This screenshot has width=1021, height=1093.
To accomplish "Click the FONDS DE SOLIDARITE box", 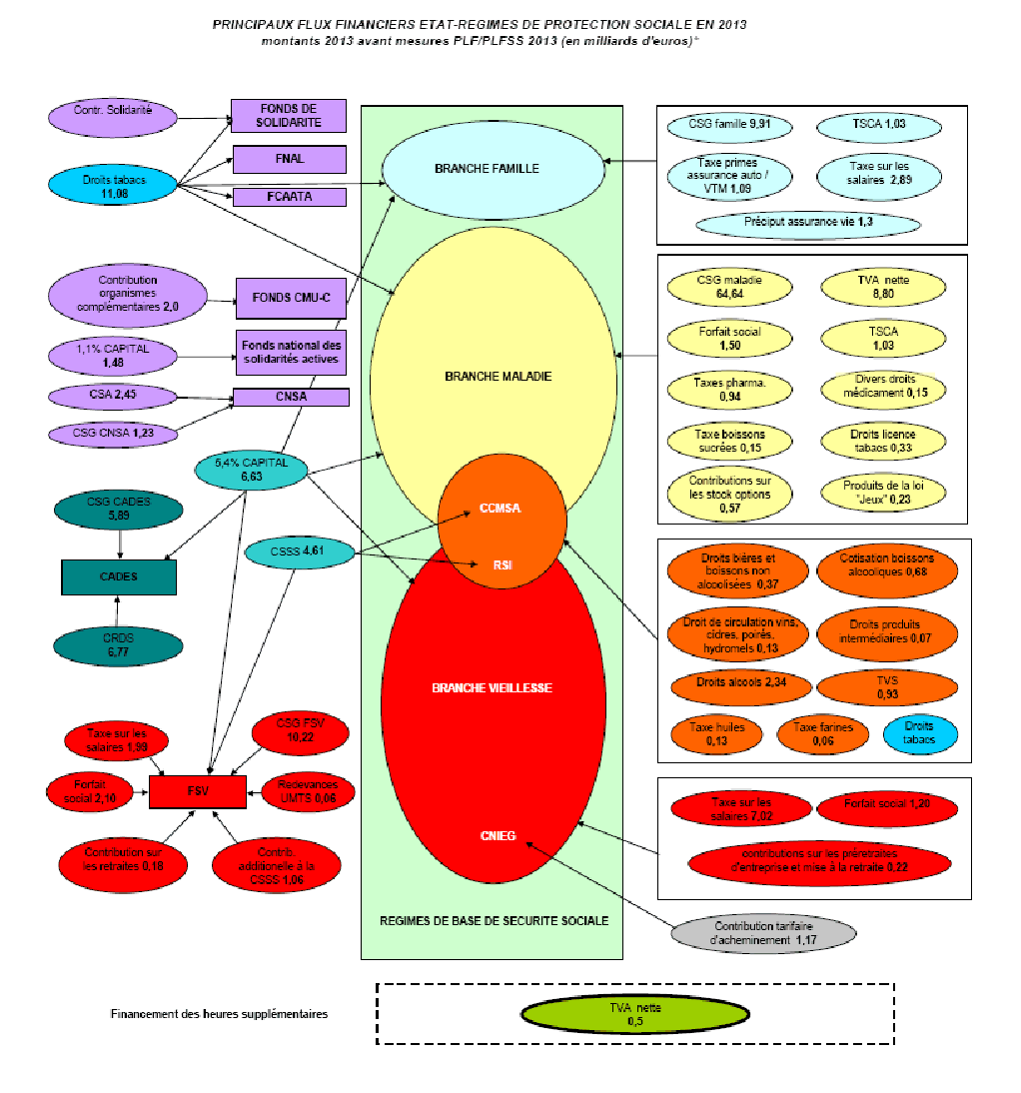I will tap(289, 116).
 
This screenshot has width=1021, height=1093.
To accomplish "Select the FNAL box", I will tap(289, 159).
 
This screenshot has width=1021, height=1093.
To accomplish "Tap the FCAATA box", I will tap(289, 197).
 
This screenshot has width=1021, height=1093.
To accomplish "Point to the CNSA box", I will tap(291, 398).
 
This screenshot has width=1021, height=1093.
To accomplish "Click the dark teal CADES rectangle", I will tap(119, 576).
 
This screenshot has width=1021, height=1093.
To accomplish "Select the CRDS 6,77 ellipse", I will tap(119, 645).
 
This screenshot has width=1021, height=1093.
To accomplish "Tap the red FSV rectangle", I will tap(197, 791).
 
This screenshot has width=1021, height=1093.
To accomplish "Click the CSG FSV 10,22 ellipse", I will tap(300, 731).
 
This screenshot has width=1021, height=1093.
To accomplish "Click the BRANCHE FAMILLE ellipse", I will tap(494, 169).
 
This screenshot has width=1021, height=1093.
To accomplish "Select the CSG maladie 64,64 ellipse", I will tap(728, 287).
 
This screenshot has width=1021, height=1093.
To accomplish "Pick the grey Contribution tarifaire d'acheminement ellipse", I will tap(762, 934).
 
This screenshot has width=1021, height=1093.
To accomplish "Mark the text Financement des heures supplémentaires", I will tap(219, 1014).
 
